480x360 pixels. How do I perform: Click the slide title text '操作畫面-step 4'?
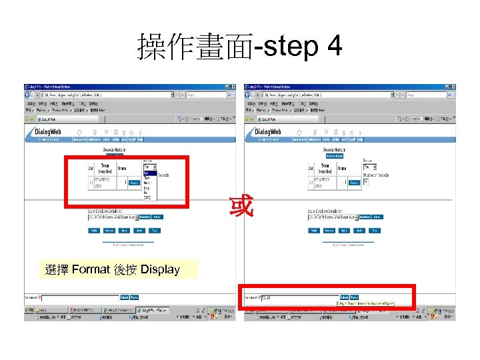(239, 47)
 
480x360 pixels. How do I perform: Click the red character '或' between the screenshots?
(241, 206)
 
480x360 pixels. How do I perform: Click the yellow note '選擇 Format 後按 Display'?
(113, 269)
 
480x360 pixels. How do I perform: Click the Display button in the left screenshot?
(133, 181)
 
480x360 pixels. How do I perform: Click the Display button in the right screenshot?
(353, 182)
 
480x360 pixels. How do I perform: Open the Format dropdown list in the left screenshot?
(149, 167)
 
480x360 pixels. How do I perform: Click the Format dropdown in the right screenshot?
(369, 167)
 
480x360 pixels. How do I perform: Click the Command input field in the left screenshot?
(80, 297)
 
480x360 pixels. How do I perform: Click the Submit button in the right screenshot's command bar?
(344, 297)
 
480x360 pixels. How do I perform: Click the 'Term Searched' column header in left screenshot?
(105, 168)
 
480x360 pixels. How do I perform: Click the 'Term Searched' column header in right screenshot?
(325, 168)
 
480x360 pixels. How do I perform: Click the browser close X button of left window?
(233, 87)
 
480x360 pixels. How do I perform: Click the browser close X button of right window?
(453, 87)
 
